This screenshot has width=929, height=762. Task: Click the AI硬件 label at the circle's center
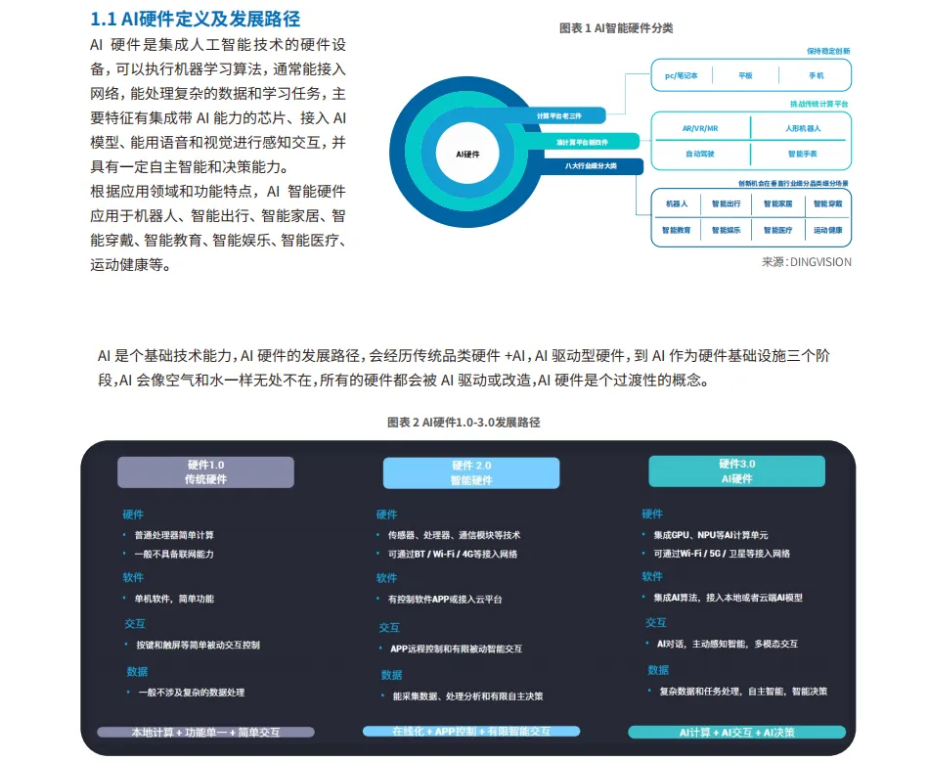pyautogui.click(x=468, y=155)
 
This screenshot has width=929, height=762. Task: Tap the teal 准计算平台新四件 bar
pyautogui.click(x=583, y=141)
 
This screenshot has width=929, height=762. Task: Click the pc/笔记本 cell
pyautogui.click(x=682, y=75)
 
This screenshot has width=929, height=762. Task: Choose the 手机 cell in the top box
pyautogui.click(x=816, y=75)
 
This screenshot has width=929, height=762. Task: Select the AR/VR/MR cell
pyautogui.click(x=700, y=128)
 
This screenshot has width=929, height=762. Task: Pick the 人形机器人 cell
pyautogui.click(x=802, y=128)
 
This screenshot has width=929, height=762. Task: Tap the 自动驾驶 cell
pyautogui.click(x=700, y=154)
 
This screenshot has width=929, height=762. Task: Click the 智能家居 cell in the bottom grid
pyautogui.click(x=777, y=204)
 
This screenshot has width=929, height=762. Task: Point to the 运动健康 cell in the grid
pyautogui.click(x=827, y=231)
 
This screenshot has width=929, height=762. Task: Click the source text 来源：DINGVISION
pyautogui.click(x=806, y=261)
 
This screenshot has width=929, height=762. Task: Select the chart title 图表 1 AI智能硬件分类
pyautogui.click(x=616, y=28)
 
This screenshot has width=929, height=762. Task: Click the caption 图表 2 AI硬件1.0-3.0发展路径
pyautogui.click(x=464, y=422)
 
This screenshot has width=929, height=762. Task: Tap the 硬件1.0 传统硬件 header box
pyautogui.click(x=205, y=472)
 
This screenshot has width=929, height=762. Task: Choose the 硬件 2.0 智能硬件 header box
pyautogui.click(x=471, y=473)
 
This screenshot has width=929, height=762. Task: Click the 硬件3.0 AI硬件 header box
pyautogui.click(x=736, y=471)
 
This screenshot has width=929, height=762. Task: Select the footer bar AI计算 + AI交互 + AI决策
pyautogui.click(x=736, y=732)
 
